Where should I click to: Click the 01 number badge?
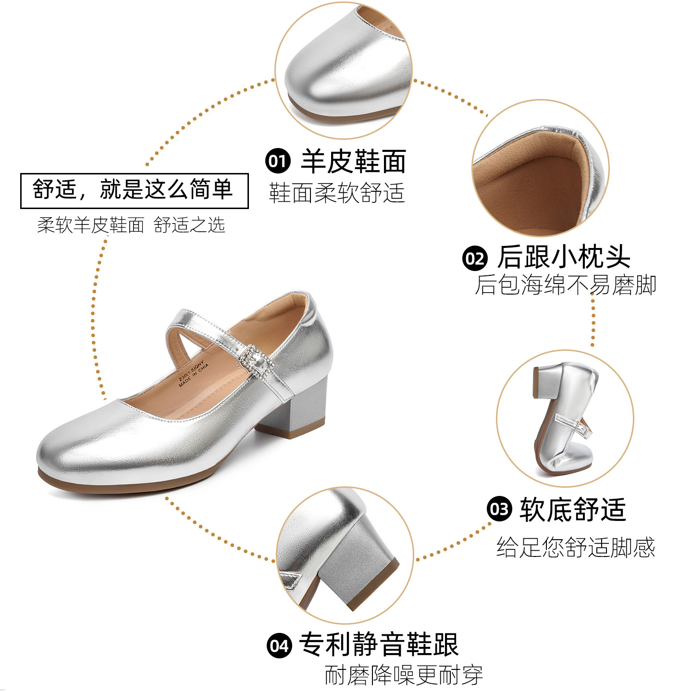point(278,161)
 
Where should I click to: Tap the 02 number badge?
point(475,258)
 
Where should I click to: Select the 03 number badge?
point(499,508)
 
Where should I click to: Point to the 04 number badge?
point(279,645)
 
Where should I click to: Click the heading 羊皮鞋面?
point(353,161)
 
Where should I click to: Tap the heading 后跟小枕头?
point(564,257)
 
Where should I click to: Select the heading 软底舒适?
point(572,509)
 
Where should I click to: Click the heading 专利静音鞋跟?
point(379,644)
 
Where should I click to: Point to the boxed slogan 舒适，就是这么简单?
point(134,190)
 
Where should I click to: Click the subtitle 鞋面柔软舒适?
point(336,193)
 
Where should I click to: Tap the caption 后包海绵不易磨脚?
point(565,285)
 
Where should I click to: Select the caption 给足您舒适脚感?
point(575,547)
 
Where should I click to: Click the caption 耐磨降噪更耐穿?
point(404,675)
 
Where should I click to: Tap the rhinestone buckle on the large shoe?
point(255,359)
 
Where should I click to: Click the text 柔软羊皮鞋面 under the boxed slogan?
point(91,225)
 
